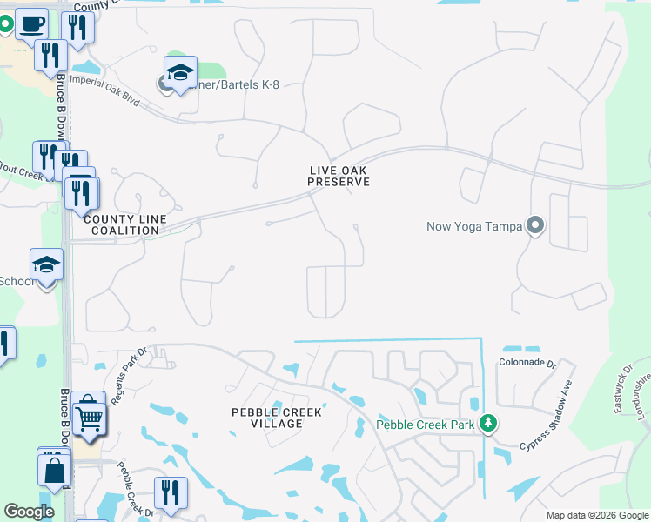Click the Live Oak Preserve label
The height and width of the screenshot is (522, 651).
point(339,176)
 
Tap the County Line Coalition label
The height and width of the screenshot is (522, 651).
point(121,225)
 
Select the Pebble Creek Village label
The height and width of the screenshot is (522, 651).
point(277,418)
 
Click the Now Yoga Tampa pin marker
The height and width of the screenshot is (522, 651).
point(535,226)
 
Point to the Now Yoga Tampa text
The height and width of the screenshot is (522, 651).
point(473,227)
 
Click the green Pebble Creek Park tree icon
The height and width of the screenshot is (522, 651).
point(489,424)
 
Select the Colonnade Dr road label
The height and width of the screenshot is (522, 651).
point(527,362)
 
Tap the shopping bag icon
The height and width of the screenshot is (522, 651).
point(53,469)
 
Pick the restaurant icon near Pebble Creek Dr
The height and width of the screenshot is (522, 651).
point(171,492)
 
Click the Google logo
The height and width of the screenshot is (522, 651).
point(29,512)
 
